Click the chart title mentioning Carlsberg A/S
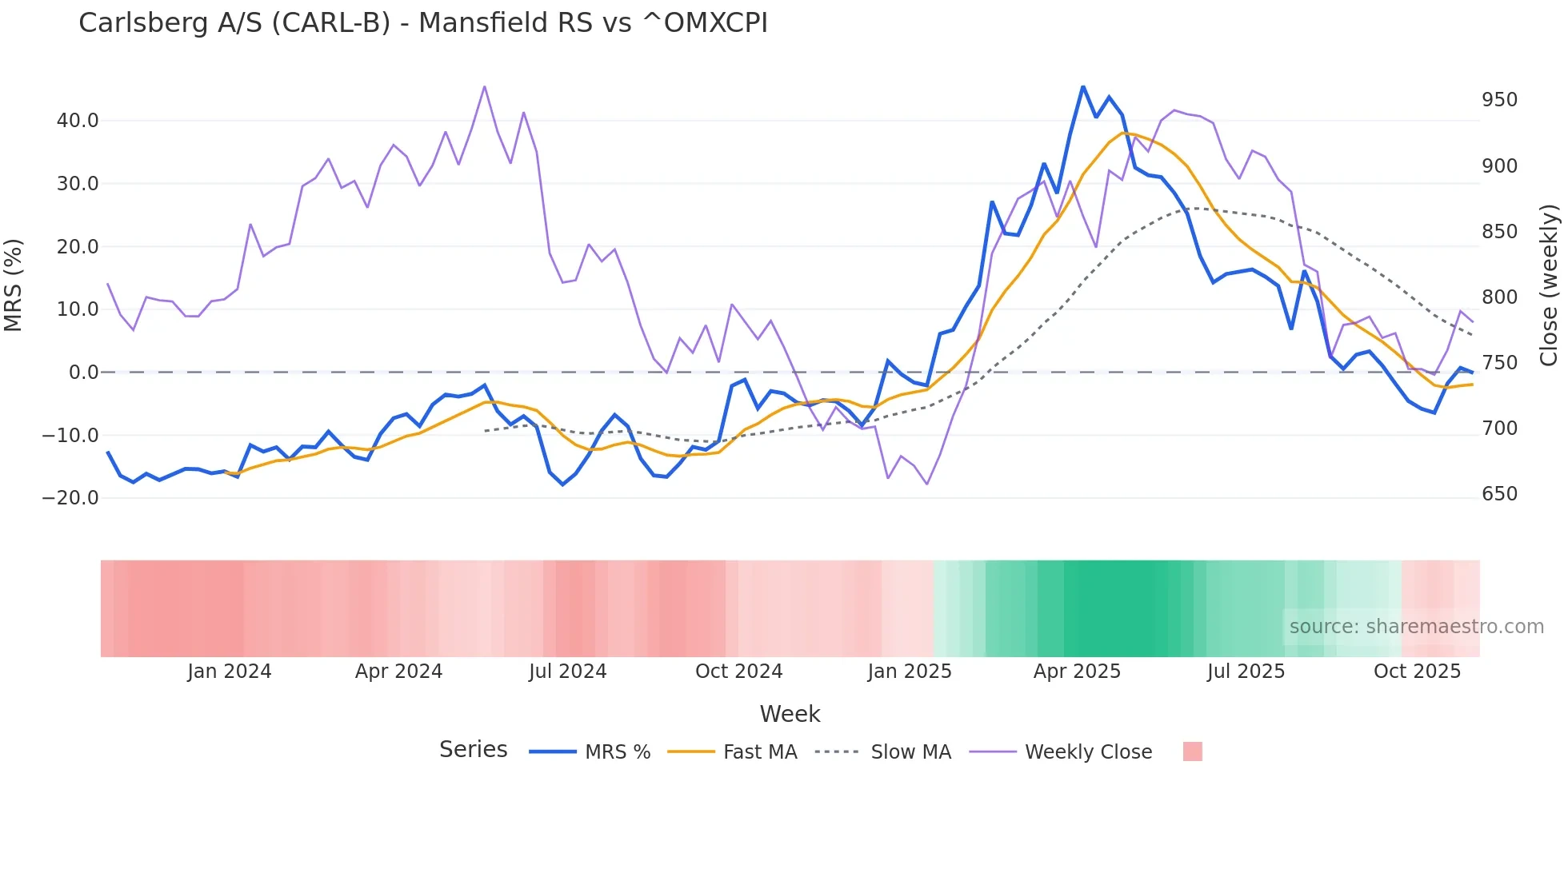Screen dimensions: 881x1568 (422, 23)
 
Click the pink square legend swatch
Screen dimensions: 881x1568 (1192, 751)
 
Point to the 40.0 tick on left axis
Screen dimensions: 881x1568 (78, 121)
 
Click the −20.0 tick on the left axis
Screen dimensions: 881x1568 (70, 498)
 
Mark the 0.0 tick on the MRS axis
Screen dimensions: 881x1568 (83, 373)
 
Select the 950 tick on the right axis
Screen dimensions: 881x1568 (1499, 100)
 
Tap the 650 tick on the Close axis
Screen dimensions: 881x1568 (1499, 494)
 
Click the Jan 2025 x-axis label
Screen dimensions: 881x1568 (910, 672)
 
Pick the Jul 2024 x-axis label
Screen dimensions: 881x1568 (567, 672)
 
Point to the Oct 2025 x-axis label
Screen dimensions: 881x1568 (1417, 672)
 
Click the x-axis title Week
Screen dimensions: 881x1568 (790, 714)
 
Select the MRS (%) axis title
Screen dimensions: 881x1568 (14, 285)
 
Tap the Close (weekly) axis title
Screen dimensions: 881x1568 (1550, 285)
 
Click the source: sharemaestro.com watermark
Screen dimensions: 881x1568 (1416, 627)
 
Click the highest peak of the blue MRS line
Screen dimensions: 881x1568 (1083, 86)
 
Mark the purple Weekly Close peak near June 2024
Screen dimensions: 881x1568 (485, 86)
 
